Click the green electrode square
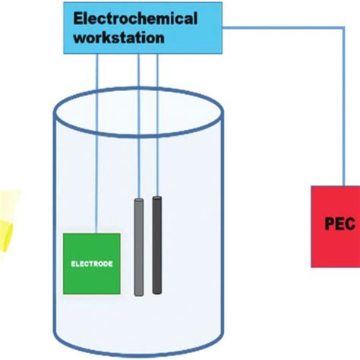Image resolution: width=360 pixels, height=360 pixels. click(91, 263)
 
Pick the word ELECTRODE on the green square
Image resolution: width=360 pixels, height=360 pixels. click(91, 264)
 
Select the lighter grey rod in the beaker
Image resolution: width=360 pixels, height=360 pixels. click(139, 247)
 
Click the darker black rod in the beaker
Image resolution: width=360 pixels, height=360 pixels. click(157, 245)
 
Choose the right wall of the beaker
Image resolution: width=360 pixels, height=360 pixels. click(223, 228)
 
